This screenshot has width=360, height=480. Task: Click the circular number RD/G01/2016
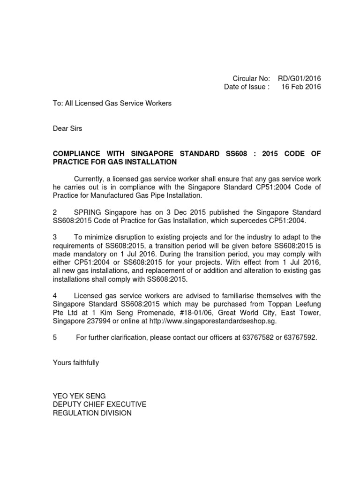300,78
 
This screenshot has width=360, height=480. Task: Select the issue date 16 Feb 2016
301,87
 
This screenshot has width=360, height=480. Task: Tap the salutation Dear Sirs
67,128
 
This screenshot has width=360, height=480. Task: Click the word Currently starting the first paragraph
90,179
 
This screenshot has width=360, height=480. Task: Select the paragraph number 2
55,213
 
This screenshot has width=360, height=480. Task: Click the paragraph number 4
55,295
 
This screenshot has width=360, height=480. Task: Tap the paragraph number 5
55,337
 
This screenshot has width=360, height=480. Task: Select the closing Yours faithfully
76,363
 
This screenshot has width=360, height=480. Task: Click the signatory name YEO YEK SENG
80,396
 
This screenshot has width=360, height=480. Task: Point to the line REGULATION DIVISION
92,413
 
